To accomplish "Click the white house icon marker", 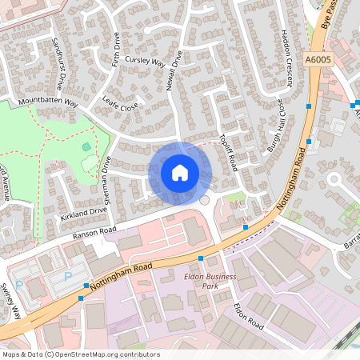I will (x=180, y=172).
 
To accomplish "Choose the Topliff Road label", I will (x=229, y=149).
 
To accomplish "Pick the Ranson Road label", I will (x=94, y=230).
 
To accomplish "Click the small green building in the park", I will (x=86, y=146).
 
